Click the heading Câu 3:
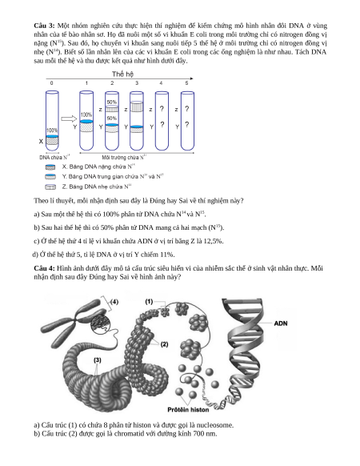[x=44, y=26]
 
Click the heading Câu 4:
[x=44, y=268]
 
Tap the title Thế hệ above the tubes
[x=122, y=74]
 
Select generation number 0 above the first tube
[x=52, y=83]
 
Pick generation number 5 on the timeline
[x=186, y=83]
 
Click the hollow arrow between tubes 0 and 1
[x=69, y=119]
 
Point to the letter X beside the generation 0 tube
[x=41, y=142]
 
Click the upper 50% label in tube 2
[x=112, y=102]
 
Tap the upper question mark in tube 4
[x=162, y=109]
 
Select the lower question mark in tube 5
[x=187, y=125]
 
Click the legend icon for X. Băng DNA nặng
[x=50, y=167]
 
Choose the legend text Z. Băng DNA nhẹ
[x=97, y=187]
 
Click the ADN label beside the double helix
[x=281, y=323]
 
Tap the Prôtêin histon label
[x=188, y=410]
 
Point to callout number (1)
[x=149, y=302]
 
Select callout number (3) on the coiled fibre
[x=98, y=360]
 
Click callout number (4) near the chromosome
[x=114, y=302]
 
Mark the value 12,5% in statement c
[x=214, y=241]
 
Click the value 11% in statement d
[x=167, y=255]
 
